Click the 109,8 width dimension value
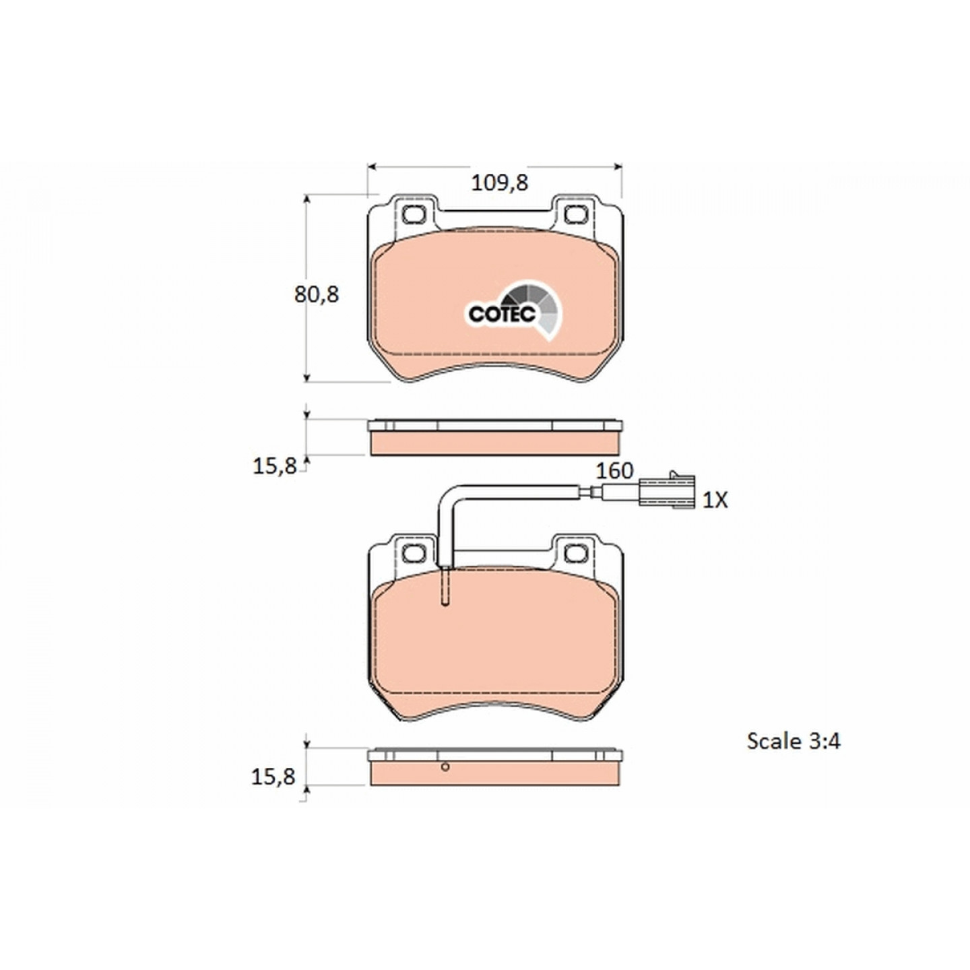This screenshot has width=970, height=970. (x=499, y=183)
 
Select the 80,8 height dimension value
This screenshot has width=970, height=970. (x=317, y=294)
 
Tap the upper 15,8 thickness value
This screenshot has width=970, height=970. (x=274, y=467)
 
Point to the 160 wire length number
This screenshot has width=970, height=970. (x=614, y=471)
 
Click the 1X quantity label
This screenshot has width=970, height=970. (x=715, y=500)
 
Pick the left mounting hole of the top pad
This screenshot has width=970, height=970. (x=414, y=214)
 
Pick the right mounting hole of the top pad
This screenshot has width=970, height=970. (x=575, y=214)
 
